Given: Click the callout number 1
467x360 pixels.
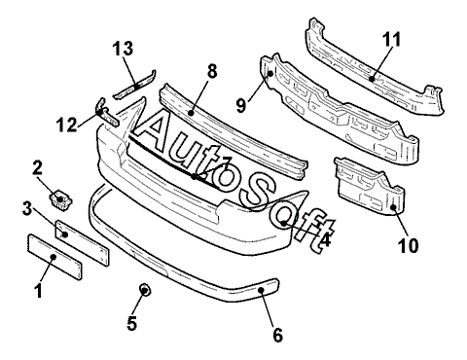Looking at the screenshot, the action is point(39,291).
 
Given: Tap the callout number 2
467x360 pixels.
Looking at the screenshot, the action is point(37,168).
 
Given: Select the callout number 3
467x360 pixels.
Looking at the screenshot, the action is point(27,209).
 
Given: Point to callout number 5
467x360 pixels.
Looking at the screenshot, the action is point(132,323).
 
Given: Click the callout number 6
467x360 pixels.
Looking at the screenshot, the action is point(278,335).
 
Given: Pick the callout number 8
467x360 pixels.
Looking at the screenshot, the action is point(212,71).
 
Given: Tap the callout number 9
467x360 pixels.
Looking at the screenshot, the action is point(241,105).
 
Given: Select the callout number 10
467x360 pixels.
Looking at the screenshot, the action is point(409,245).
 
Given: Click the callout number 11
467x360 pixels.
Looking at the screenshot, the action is point(391,40).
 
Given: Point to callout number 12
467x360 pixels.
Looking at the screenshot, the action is point(67,125).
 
